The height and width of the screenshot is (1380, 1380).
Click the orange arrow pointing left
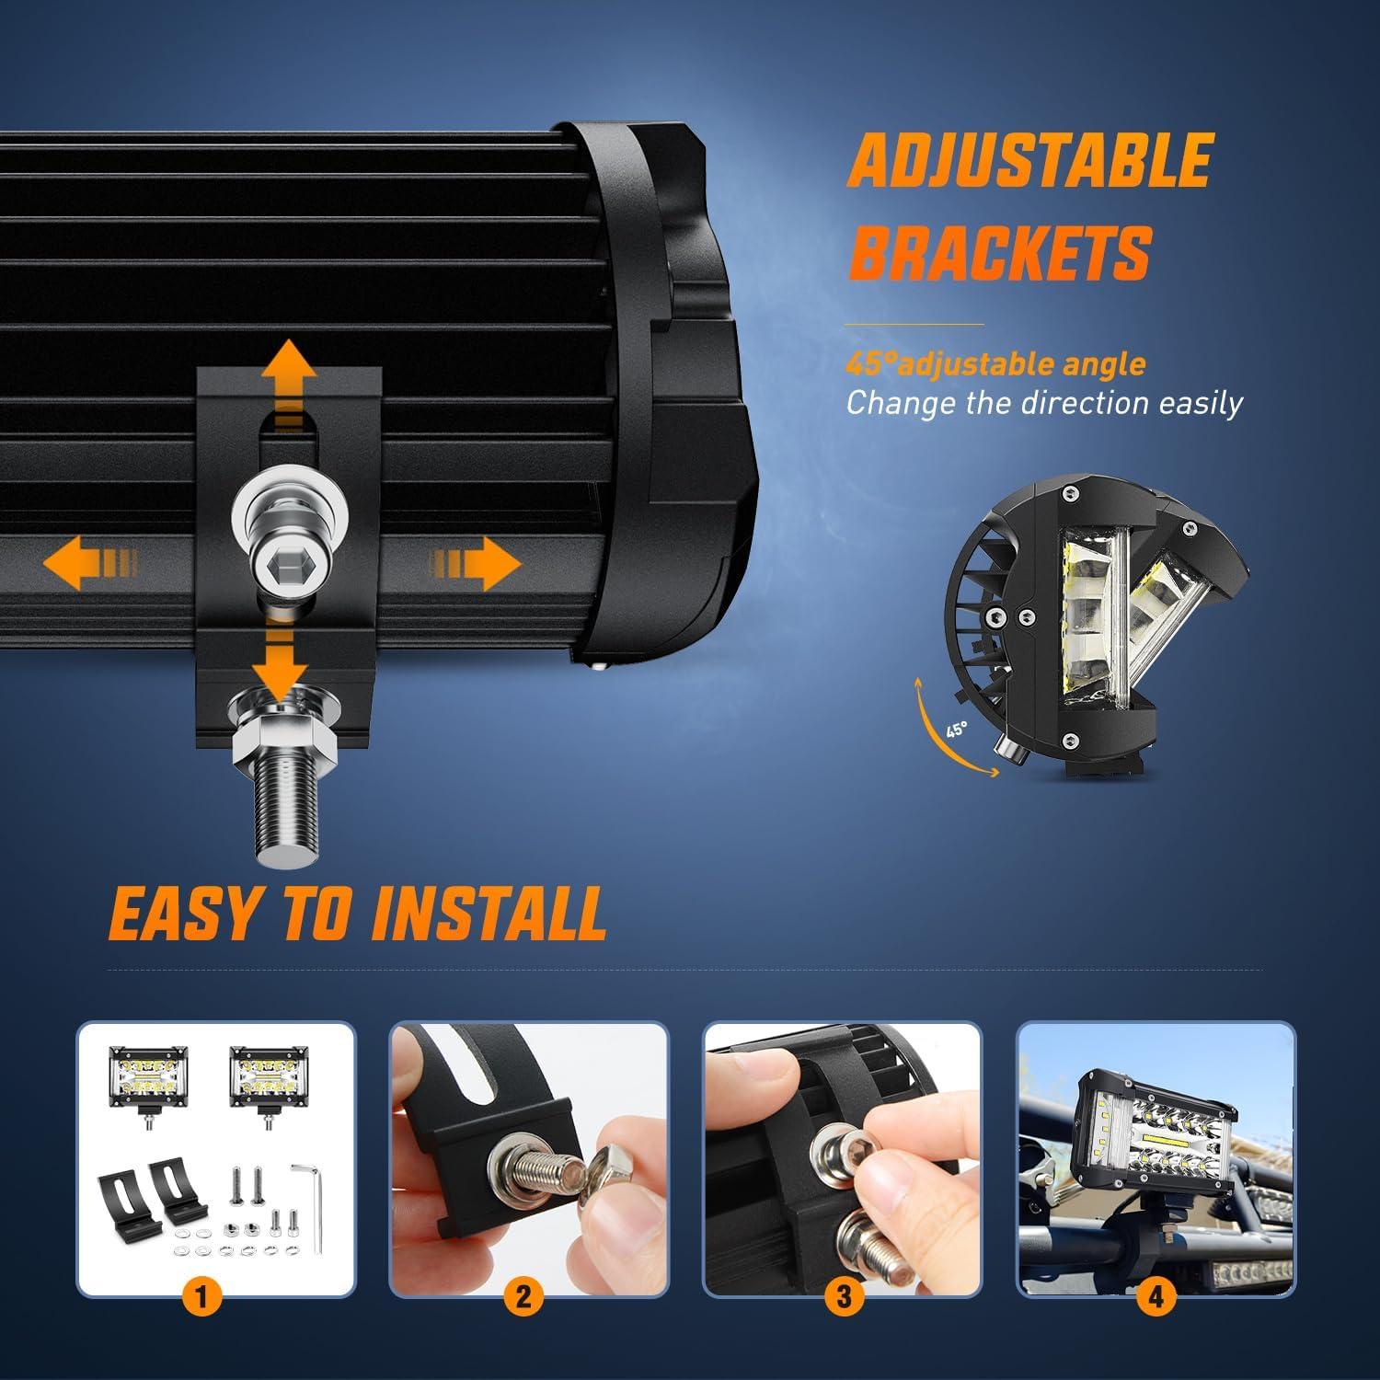(90, 564)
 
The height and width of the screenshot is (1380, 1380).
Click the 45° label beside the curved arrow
(957, 730)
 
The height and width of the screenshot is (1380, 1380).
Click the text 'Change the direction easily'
(1044, 403)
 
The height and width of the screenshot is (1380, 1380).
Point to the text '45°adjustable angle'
(995, 364)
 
